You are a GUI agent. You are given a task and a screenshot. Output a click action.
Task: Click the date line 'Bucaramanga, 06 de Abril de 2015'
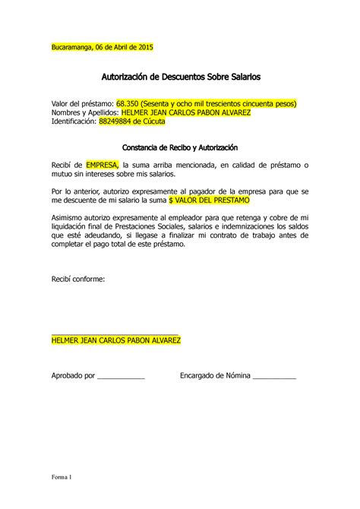pyautogui.click(x=102, y=48)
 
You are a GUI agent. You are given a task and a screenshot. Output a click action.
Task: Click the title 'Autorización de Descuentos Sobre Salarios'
pyautogui.click(x=180, y=77)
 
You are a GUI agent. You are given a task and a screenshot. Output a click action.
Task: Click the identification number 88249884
pyautogui.click(x=116, y=122)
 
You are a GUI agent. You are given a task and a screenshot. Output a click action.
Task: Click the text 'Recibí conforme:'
pyautogui.click(x=77, y=279)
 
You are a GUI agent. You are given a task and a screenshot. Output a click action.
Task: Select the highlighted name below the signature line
pyautogui.click(x=115, y=340)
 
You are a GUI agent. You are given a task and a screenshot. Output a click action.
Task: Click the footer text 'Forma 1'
pyautogui.click(x=61, y=478)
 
